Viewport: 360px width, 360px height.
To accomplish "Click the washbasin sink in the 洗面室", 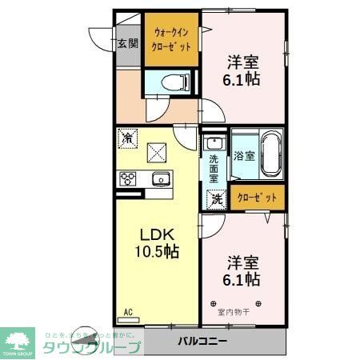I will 214,144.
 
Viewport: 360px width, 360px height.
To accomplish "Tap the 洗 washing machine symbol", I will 215,199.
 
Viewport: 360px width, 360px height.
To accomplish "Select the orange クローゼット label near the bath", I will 258,198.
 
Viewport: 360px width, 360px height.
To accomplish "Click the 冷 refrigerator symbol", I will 127,138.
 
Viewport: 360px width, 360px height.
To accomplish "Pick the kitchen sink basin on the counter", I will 158,178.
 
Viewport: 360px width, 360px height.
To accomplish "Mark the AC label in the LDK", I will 127,312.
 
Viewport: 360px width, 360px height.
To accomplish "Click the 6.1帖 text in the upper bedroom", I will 242,79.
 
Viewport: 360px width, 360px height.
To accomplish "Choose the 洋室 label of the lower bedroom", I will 242,262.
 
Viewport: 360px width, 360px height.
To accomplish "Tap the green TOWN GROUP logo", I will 21,342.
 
